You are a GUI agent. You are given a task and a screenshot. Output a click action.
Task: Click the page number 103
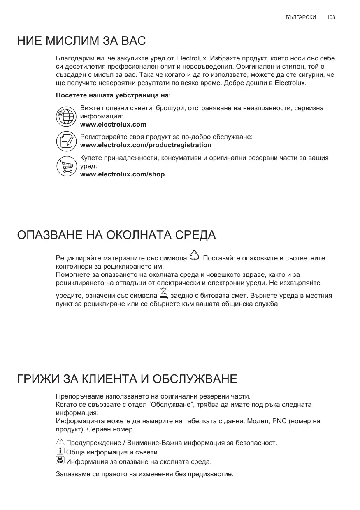pyautogui.click(x=331, y=17)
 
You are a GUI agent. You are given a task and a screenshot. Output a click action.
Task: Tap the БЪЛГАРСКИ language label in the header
pyautogui.click(x=301, y=17)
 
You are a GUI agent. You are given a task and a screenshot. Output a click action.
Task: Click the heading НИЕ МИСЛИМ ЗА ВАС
pyautogui.click(x=81, y=42)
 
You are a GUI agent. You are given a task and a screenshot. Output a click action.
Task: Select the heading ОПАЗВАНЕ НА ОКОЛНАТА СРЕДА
pyautogui.click(x=116, y=235)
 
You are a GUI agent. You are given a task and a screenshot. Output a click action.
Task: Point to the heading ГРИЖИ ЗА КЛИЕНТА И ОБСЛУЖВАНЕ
pyautogui.click(x=127, y=379)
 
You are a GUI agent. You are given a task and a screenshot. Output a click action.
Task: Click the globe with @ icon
pyautogui.click(x=66, y=116)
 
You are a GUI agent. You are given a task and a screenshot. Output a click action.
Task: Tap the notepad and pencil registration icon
pyautogui.click(x=66, y=141)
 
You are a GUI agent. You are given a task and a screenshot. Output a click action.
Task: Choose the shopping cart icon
pyautogui.click(x=66, y=166)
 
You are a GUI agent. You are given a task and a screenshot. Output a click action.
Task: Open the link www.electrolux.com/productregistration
pyautogui.click(x=146, y=145)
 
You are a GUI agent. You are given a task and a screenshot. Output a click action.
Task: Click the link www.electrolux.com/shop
pyautogui.click(x=122, y=174)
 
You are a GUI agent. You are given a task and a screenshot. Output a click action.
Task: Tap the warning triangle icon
pyautogui.click(x=60, y=442)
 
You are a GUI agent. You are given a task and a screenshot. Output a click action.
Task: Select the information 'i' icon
pyautogui.click(x=60, y=452)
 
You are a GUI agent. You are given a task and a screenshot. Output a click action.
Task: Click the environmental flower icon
pyautogui.click(x=60, y=461)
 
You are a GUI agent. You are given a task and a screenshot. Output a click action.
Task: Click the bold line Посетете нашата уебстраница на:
pyautogui.click(x=113, y=95)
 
